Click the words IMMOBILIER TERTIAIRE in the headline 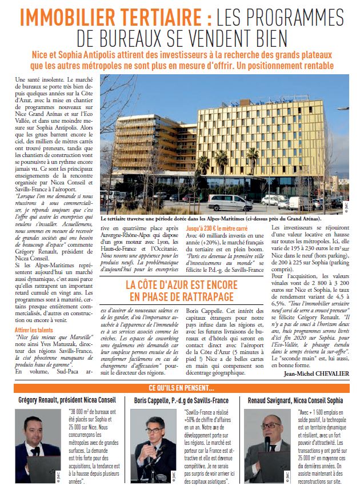tap(112, 17)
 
